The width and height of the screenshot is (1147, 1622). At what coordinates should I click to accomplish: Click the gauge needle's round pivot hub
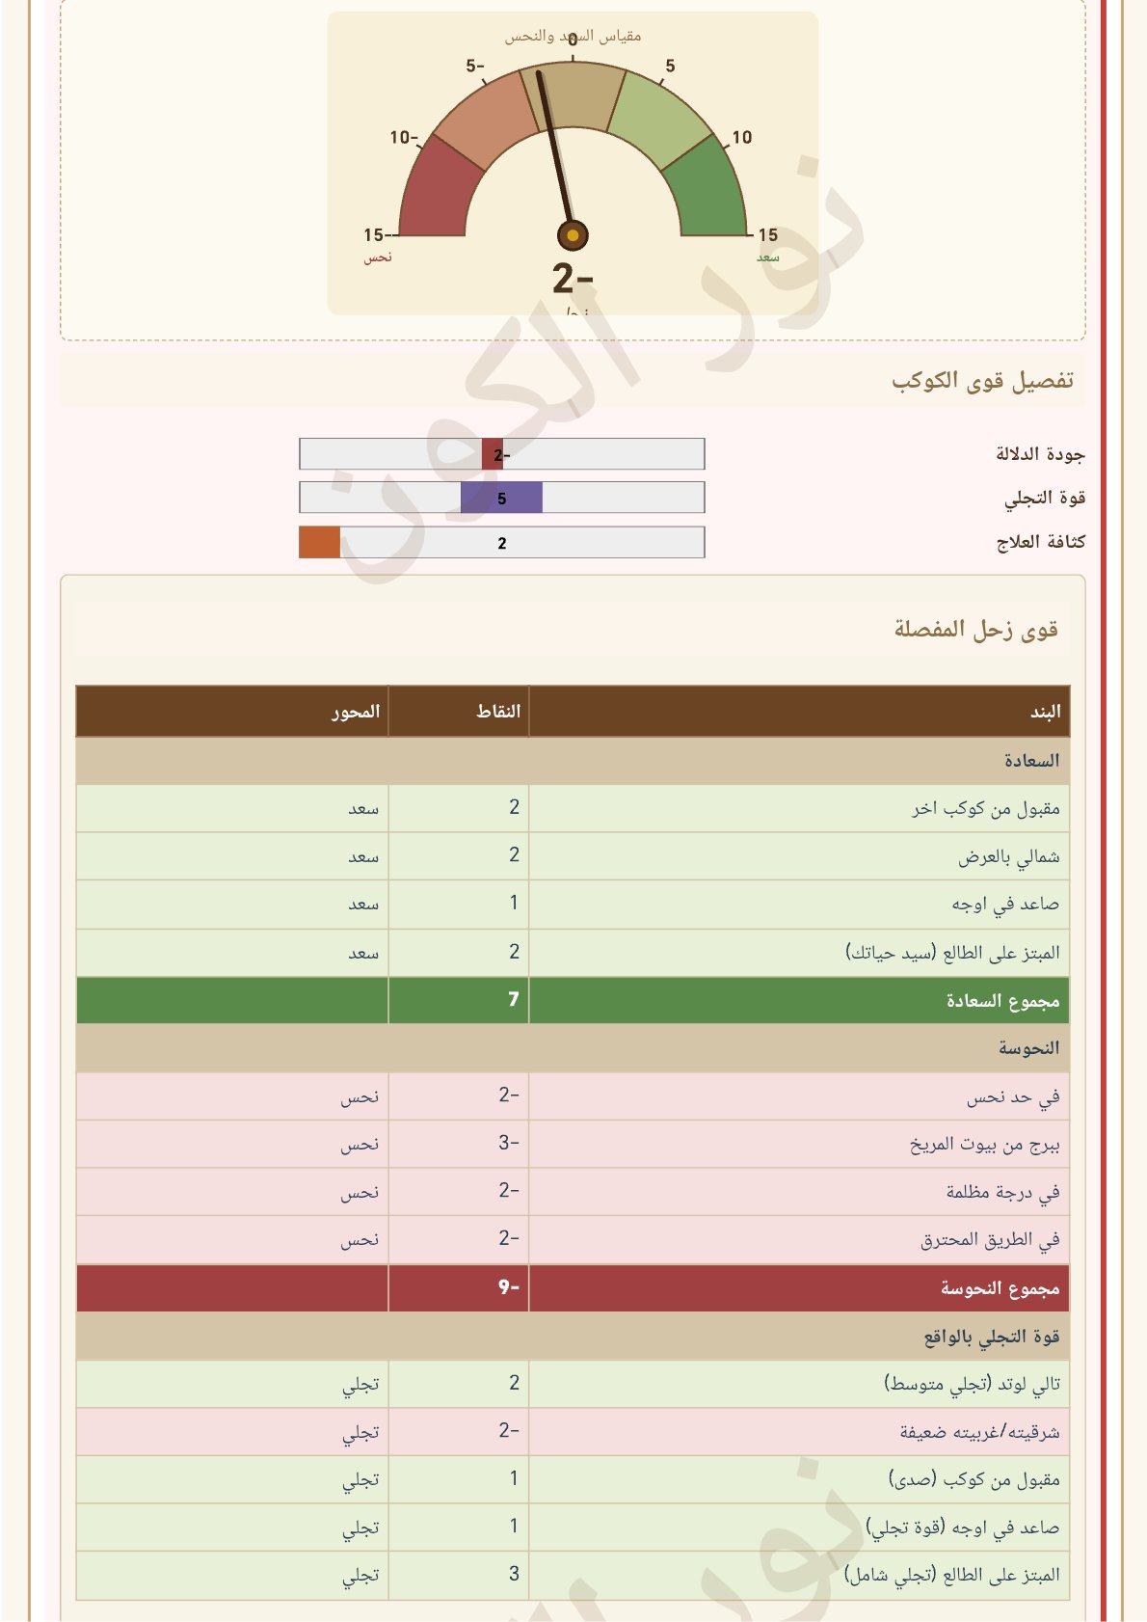click(573, 235)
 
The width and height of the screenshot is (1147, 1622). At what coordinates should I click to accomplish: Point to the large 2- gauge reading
click(573, 279)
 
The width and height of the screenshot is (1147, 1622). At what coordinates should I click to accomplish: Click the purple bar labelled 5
click(501, 498)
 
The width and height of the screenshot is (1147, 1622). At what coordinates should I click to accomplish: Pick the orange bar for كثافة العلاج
click(319, 542)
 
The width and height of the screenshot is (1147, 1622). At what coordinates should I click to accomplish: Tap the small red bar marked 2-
click(493, 454)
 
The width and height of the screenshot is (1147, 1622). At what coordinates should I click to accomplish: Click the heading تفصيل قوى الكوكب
click(981, 380)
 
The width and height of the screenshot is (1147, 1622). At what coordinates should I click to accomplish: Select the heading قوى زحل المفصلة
click(975, 629)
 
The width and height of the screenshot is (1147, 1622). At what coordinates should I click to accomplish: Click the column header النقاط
click(498, 712)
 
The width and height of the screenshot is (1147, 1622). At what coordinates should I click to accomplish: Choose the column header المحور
click(356, 712)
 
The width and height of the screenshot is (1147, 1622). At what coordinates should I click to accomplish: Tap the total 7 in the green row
click(514, 1000)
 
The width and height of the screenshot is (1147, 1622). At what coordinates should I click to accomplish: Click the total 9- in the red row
click(509, 1287)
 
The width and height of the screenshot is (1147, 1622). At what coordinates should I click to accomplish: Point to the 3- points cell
click(509, 1144)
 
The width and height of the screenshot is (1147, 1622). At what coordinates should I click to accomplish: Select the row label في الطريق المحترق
click(990, 1239)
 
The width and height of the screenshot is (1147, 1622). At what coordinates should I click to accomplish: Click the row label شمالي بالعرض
click(1008, 856)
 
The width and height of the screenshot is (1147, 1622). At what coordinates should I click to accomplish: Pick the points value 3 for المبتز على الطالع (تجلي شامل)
click(514, 1574)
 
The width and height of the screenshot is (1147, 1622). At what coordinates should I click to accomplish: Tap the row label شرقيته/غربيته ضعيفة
click(979, 1432)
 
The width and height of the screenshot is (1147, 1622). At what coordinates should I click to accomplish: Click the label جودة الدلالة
click(1040, 454)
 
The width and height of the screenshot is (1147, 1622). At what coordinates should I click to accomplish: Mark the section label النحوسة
click(1028, 1048)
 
